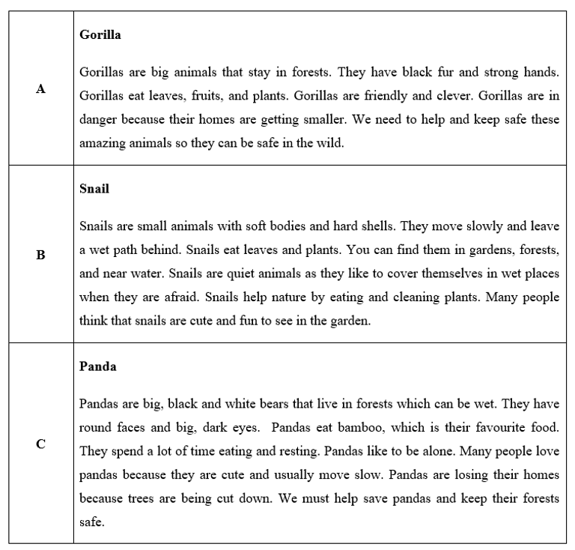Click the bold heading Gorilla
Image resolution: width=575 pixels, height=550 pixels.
click(100, 34)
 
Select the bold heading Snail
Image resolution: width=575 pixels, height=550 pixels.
click(94, 189)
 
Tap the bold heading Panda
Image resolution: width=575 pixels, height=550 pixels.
click(98, 367)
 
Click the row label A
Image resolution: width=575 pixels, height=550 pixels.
click(40, 89)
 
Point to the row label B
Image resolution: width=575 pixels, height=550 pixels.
click(40, 255)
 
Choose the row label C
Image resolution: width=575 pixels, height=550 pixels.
click(40, 444)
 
